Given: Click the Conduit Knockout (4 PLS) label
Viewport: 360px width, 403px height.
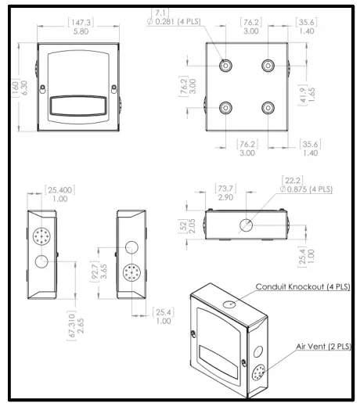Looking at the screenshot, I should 301,287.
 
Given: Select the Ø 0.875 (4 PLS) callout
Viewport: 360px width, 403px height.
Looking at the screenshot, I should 305,189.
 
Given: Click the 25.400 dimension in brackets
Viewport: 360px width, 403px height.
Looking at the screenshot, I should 59,190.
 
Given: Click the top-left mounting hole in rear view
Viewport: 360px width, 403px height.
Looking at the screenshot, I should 225,67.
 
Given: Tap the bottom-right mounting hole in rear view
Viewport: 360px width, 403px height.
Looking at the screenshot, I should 268,106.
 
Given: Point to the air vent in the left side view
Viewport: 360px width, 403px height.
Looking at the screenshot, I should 41,236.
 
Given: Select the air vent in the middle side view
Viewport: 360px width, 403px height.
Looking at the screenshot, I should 129,275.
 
